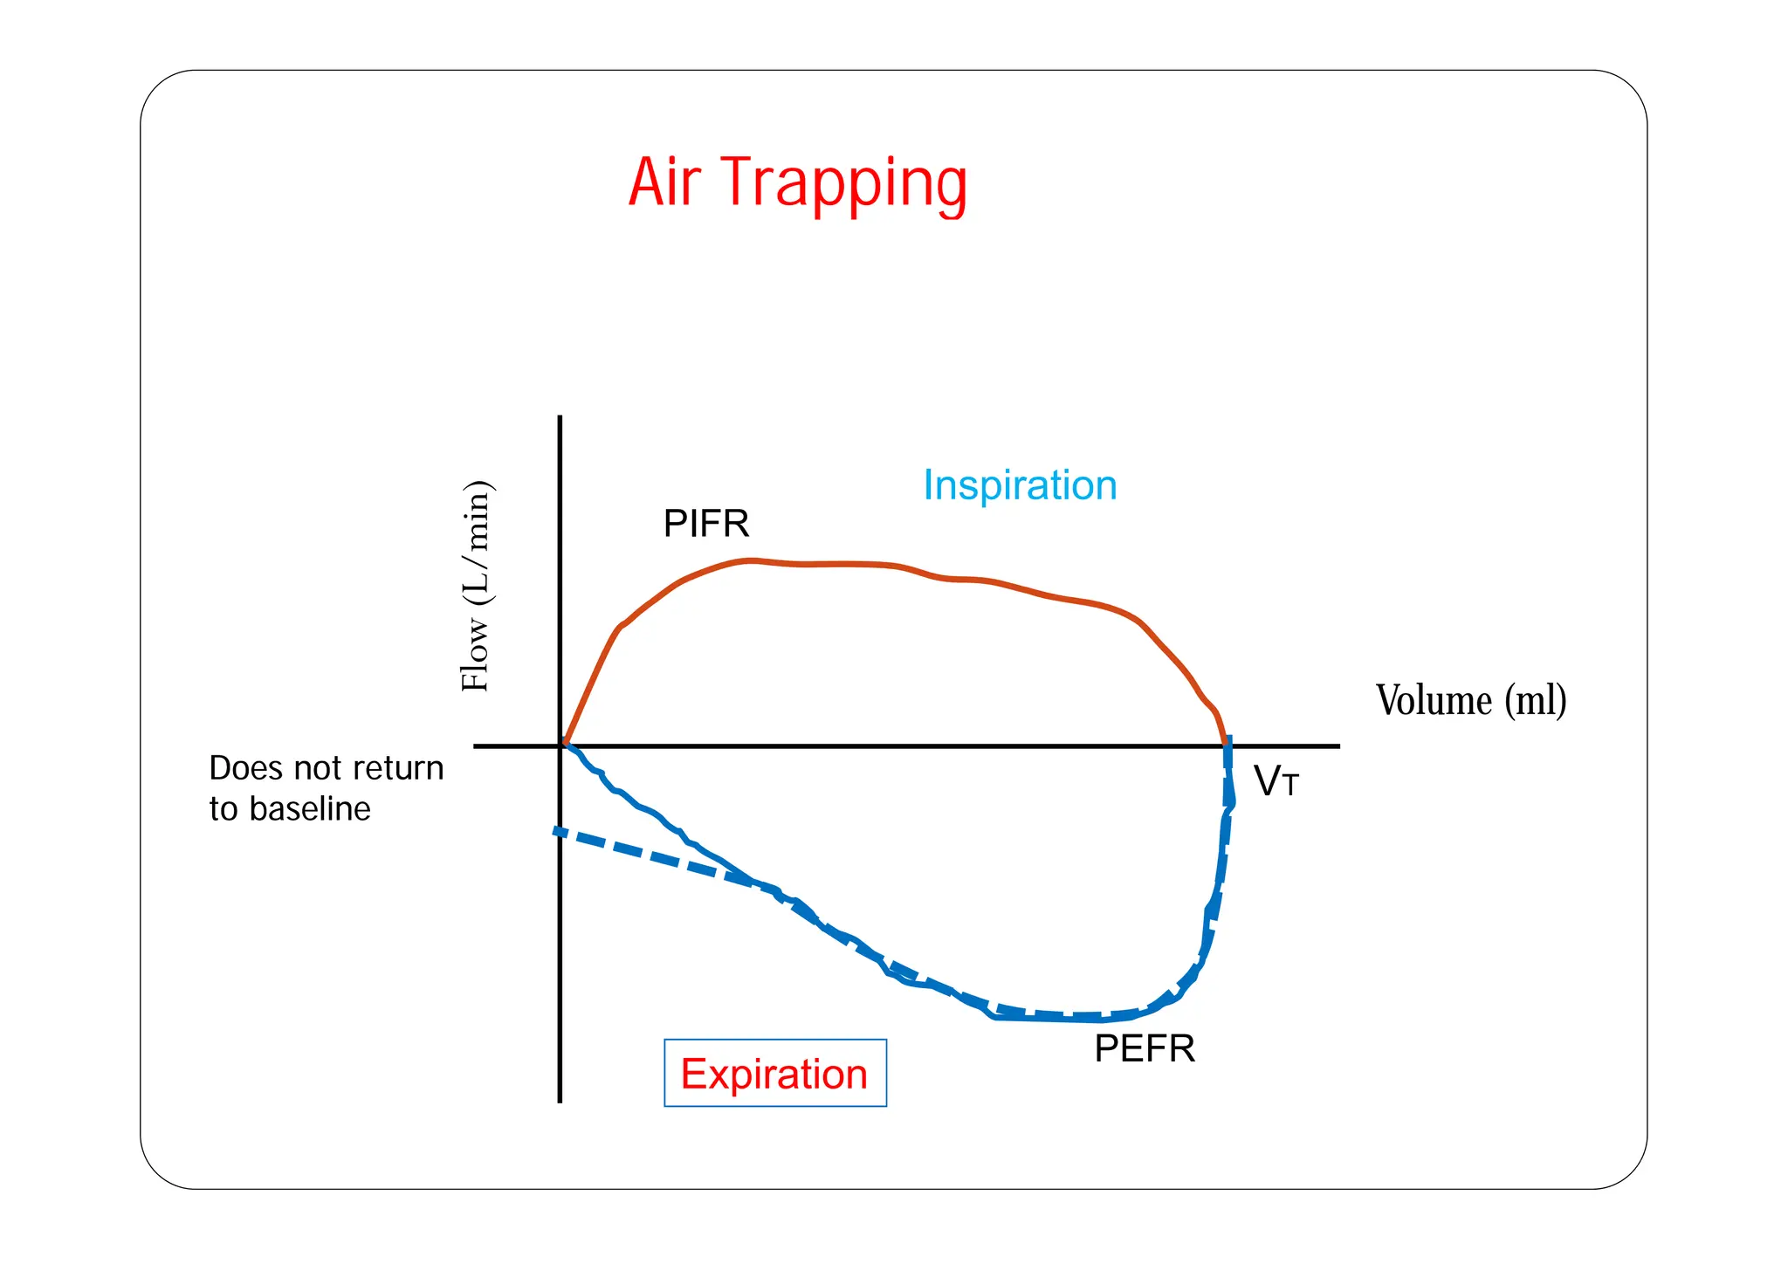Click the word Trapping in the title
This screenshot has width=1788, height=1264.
(x=847, y=185)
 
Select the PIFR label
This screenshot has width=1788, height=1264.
(x=706, y=524)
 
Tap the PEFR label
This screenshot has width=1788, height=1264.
(x=1145, y=1048)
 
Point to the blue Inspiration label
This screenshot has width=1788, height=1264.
(x=1020, y=485)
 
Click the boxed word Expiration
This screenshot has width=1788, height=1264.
(x=774, y=1074)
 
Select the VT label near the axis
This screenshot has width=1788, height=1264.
(x=1276, y=781)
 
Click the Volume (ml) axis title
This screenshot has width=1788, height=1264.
(x=1471, y=700)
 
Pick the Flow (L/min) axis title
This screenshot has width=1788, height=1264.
(x=477, y=587)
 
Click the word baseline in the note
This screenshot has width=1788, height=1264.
(x=310, y=809)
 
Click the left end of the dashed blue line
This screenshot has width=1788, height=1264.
(x=556, y=831)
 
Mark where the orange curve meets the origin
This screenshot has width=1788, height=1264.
(x=563, y=745)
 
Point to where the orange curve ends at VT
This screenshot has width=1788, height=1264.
(x=1225, y=744)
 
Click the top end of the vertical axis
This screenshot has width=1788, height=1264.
(x=560, y=418)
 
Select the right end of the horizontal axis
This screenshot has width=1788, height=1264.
(x=1338, y=746)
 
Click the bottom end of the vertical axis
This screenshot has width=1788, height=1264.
(x=560, y=1101)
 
